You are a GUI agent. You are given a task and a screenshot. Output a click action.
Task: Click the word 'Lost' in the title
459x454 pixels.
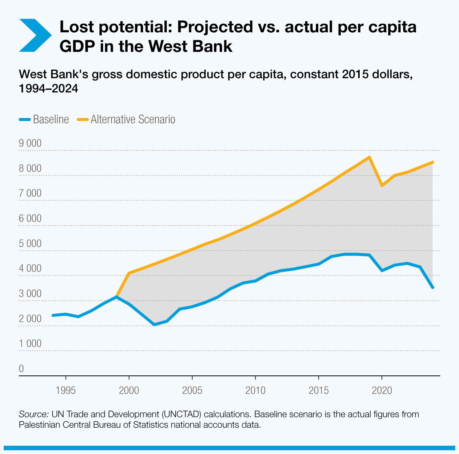tap(78, 28)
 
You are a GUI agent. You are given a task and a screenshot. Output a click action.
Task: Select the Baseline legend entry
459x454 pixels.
tap(44, 120)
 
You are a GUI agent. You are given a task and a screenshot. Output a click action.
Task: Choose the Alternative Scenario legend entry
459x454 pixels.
tap(126, 120)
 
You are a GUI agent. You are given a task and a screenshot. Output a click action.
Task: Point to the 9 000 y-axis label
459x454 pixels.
tap(30, 144)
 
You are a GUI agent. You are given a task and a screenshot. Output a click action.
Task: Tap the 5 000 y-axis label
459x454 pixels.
tap(30, 244)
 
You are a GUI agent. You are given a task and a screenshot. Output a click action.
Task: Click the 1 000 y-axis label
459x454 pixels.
tap(30, 344)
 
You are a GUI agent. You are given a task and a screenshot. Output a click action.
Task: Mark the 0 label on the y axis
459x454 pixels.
tap(21, 369)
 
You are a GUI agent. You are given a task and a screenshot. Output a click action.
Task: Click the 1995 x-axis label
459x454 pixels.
tap(66, 390)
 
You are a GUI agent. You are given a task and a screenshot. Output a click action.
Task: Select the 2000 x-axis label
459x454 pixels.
tap(129, 390)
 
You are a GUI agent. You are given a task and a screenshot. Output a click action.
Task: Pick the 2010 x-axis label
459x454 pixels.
tap(255, 390)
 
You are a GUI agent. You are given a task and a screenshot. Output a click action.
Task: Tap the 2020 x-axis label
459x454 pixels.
tap(382, 390)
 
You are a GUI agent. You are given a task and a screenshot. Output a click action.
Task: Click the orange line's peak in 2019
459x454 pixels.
tap(369, 157)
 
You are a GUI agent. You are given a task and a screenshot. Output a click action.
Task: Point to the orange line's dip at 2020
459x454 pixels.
tap(382, 186)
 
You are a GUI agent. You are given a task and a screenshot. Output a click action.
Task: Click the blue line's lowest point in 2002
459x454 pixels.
tap(154, 325)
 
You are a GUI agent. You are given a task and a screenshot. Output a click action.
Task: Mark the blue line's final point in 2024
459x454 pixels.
tap(433, 288)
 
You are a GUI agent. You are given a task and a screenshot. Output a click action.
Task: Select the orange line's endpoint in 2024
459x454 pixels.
tap(433, 162)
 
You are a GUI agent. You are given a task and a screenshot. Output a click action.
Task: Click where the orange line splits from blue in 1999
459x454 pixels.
tap(117, 297)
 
